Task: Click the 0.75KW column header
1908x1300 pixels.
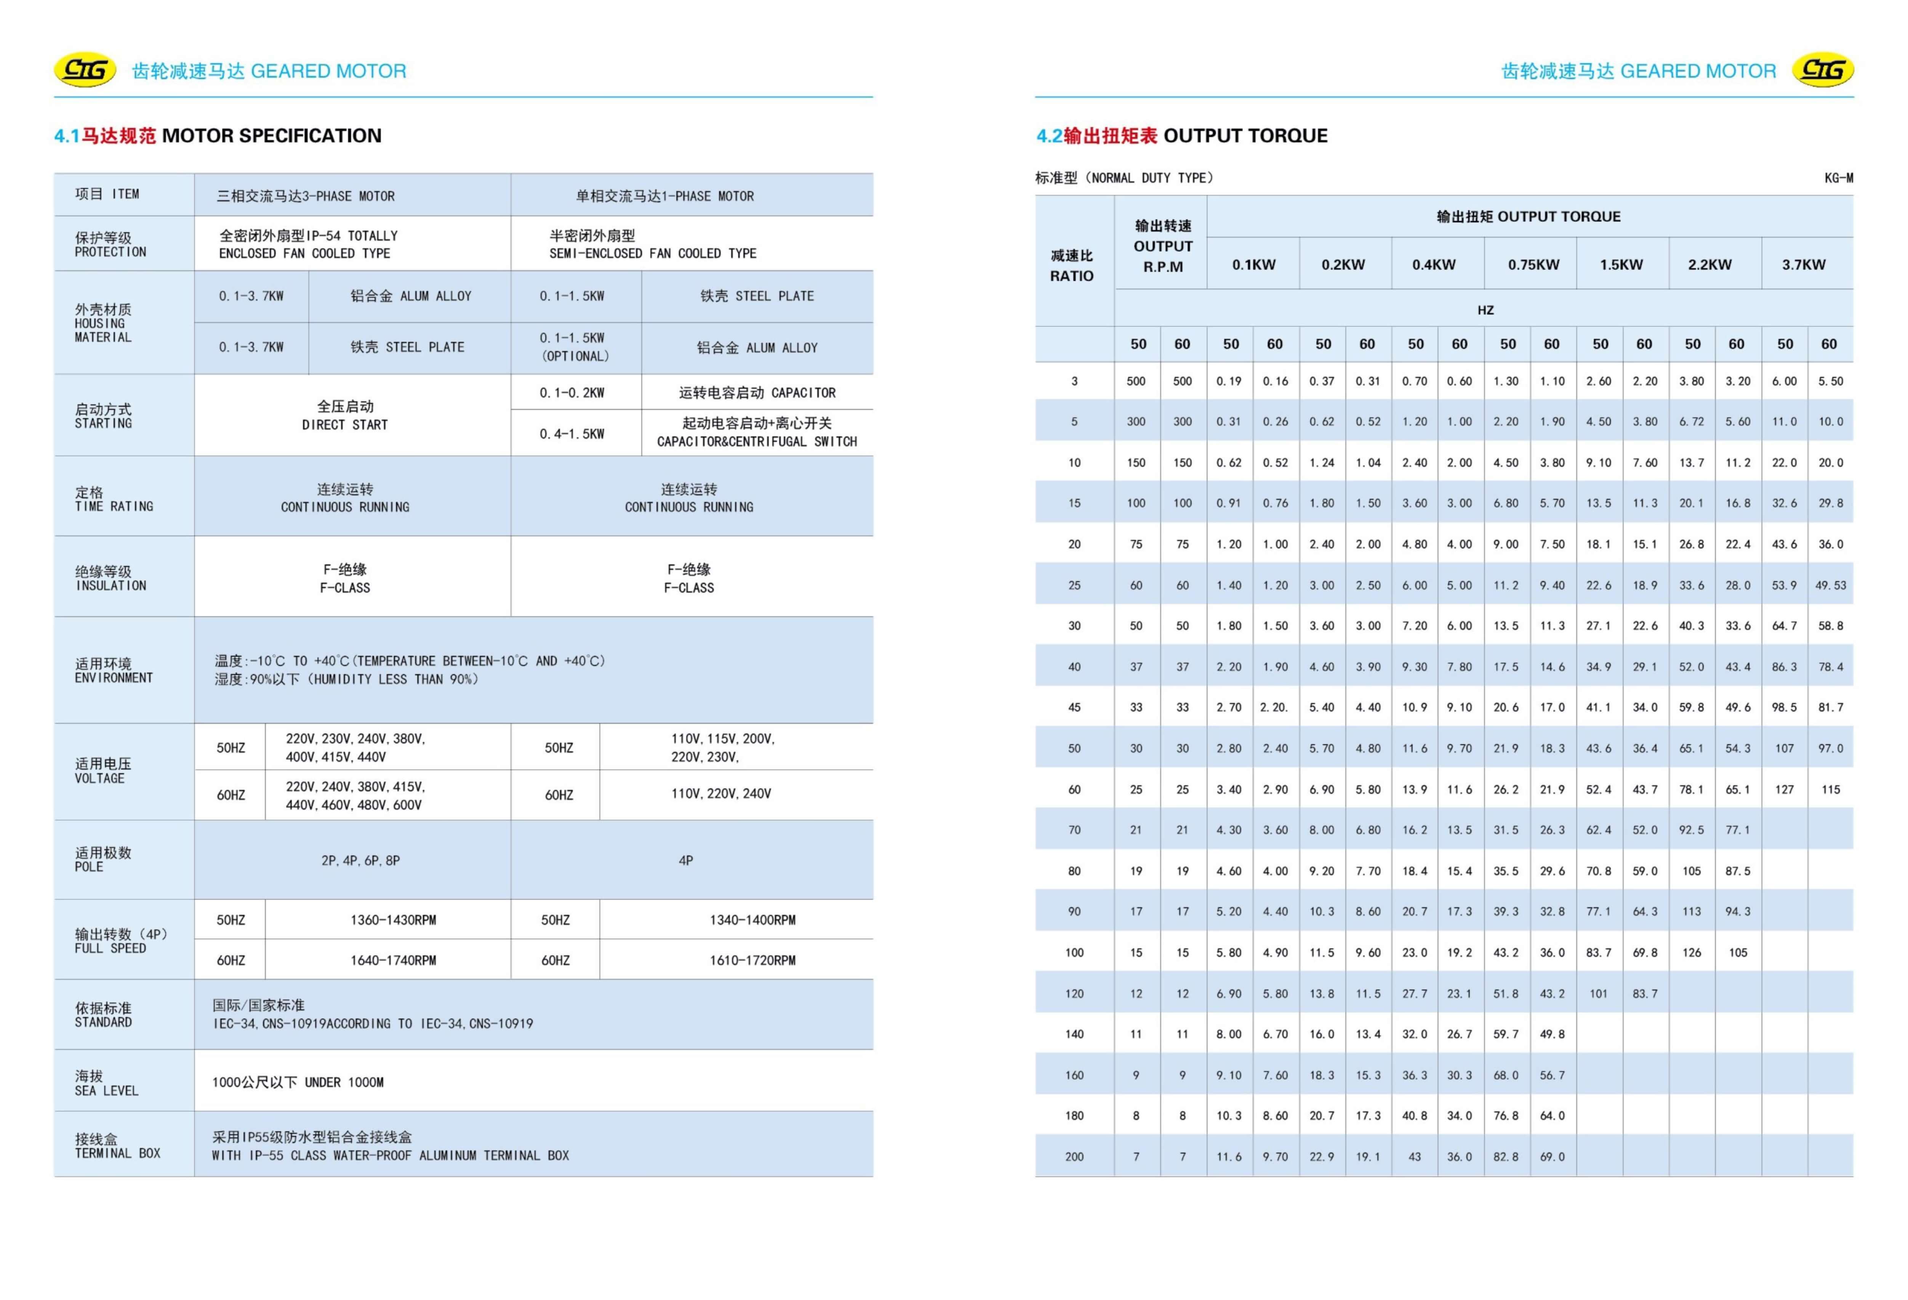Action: point(1533,264)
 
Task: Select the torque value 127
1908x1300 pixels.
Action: point(1784,789)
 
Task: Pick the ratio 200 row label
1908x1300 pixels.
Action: point(1074,1156)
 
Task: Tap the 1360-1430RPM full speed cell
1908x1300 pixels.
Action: point(393,920)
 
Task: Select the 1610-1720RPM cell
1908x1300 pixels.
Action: point(752,960)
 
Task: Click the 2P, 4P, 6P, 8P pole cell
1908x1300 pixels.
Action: point(360,861)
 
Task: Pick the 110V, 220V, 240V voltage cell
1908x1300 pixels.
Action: point(721,793)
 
